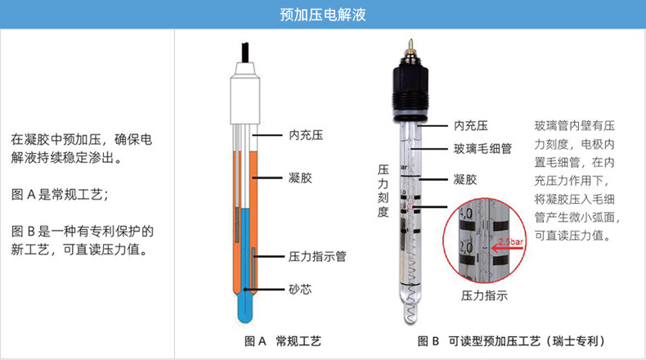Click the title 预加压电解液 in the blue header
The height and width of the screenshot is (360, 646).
[322, 15]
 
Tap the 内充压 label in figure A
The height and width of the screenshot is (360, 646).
[306, 135]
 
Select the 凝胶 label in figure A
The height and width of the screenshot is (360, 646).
[300, 178]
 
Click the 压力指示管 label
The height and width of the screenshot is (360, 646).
[316, 256]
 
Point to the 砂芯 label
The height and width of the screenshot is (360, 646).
[300, 289]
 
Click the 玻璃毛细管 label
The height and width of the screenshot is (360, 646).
[482, 148]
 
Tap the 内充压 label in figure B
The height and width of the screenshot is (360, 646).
[470, 125]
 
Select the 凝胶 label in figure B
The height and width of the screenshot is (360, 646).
[464, 179]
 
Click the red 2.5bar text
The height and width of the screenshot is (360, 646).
[510, 242]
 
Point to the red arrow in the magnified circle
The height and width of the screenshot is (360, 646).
[507, 249]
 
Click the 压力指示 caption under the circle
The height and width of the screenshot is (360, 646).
[484, 295]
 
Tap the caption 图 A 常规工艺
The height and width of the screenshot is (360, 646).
[283, 341]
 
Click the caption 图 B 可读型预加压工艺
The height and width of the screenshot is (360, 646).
[512, 341]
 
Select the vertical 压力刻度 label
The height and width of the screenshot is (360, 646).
[384, 191]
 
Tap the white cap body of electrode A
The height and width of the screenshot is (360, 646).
[245, 94]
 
